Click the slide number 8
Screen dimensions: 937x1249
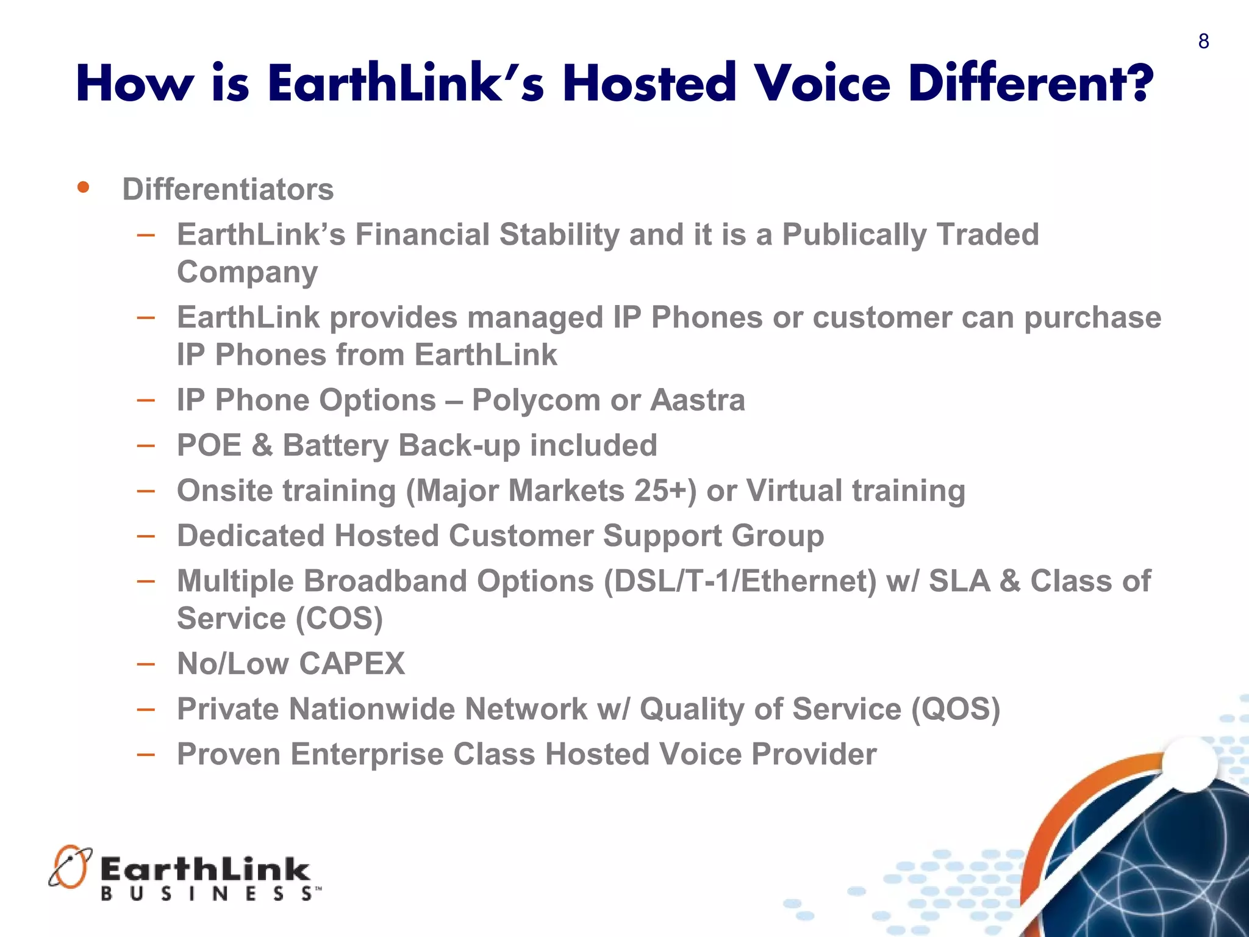pyautogui.click(x=1203, y=41)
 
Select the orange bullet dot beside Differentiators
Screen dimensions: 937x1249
pyautogui.click(x=84, y=187)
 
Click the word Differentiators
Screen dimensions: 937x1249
pyautogui.click(x=228, y=190)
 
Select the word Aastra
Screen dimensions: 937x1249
pyautogui.click(x=698, y=401)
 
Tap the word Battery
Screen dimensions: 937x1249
pyautogui.click(x=335, y=446)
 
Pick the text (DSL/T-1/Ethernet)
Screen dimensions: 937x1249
pyautogui.click(x=740, y=581)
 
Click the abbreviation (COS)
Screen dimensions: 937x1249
pyautogui.click(x=340, y=619)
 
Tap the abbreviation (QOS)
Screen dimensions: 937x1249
pyautogui.click(x=955, y=709)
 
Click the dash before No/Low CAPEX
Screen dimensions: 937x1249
pyautogui.click(x=146, y=664)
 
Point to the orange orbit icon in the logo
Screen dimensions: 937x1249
pyautogui.click(x=70, y=866)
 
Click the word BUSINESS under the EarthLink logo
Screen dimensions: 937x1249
pyautogui.click(x=207, y=894)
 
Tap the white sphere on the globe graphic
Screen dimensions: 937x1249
pyautogui.click(x=1189, y=764)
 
